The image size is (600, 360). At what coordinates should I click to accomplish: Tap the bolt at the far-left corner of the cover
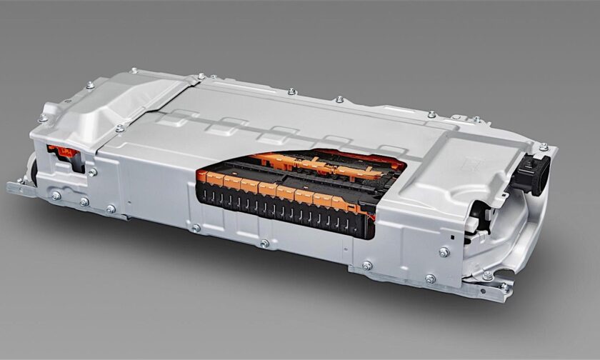[91, 86]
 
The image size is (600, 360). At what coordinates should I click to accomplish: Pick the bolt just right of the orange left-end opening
[91, 171]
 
